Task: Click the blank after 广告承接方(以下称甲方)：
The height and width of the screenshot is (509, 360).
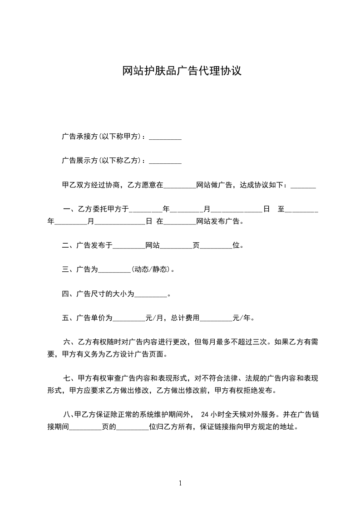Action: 165,137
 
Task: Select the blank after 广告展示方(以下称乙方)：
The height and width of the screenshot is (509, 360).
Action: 165,161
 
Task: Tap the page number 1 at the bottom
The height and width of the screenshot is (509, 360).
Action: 180,483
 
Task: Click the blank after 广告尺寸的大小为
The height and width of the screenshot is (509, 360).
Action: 151,294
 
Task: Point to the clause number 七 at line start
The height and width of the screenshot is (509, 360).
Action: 66,378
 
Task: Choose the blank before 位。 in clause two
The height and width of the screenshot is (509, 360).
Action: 216,246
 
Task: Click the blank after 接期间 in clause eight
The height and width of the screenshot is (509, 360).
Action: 85,426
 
